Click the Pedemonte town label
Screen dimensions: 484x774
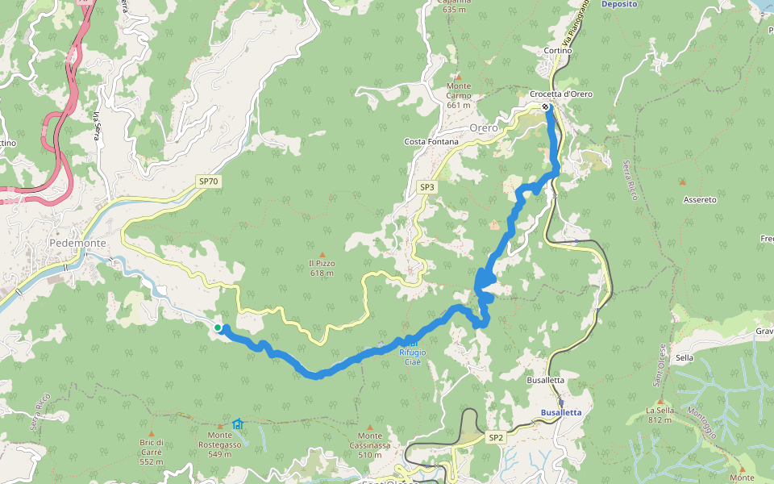[77, 242]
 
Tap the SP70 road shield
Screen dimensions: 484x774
[209, 181]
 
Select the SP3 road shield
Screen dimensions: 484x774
[427, 187]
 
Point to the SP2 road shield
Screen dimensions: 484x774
[496, 437]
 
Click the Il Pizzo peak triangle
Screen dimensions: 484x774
[322, 254]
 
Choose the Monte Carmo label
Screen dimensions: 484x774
[458, 95]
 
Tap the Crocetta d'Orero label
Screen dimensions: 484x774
[561, 94]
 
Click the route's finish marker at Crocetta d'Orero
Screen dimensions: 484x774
[546, 106]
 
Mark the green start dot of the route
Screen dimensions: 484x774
[218, 327]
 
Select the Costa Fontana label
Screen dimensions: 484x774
[431, 142]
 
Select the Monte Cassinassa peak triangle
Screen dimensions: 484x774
[370, 428]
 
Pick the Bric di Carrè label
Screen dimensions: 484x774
[151, 447]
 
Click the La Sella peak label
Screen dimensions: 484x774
[660, 415]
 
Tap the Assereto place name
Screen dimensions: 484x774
[699, 199]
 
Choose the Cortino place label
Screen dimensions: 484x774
[558, 50]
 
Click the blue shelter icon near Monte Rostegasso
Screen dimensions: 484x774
[237, 423]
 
